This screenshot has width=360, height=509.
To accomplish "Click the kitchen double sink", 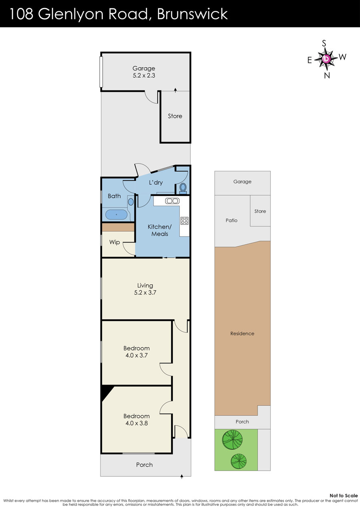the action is (x=172, y=201).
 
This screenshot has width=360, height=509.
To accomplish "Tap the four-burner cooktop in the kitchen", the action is (x=184, y=220).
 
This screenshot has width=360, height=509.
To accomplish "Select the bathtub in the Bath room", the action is (x=116, y=214).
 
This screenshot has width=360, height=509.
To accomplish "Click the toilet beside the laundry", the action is (x=183, y=188).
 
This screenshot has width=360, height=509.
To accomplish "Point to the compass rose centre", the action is (x=326, y=59).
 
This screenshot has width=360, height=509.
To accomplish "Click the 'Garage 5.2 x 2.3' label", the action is (x=144, y=72).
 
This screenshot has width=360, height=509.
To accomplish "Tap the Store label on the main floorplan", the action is (x=175, y=116).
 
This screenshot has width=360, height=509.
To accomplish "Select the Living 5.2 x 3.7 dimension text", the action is (x=145, y=292).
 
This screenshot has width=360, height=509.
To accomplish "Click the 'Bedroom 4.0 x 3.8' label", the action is (x=136, y=419).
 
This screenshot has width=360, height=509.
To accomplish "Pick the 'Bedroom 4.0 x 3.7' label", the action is (x=136, y=351).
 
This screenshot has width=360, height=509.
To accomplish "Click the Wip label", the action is (x=114, y=242).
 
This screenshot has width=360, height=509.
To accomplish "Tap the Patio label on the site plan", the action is (x=232, y=220).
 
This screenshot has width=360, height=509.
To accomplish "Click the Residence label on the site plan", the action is (x=242, y=333).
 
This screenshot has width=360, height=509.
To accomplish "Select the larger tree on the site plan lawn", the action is (x=232, y=439).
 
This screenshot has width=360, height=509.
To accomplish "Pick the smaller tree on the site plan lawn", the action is (x=238, y=461).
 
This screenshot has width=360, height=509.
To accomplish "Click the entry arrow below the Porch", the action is (x=182, y=477).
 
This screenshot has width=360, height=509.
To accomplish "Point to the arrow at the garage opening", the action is (x=175, y=90).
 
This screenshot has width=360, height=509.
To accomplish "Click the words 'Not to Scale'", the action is (x=344, y=495).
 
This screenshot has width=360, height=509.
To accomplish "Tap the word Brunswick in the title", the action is (x=192, y=14).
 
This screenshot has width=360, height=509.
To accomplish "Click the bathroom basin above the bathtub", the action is (x=130, y=202).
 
